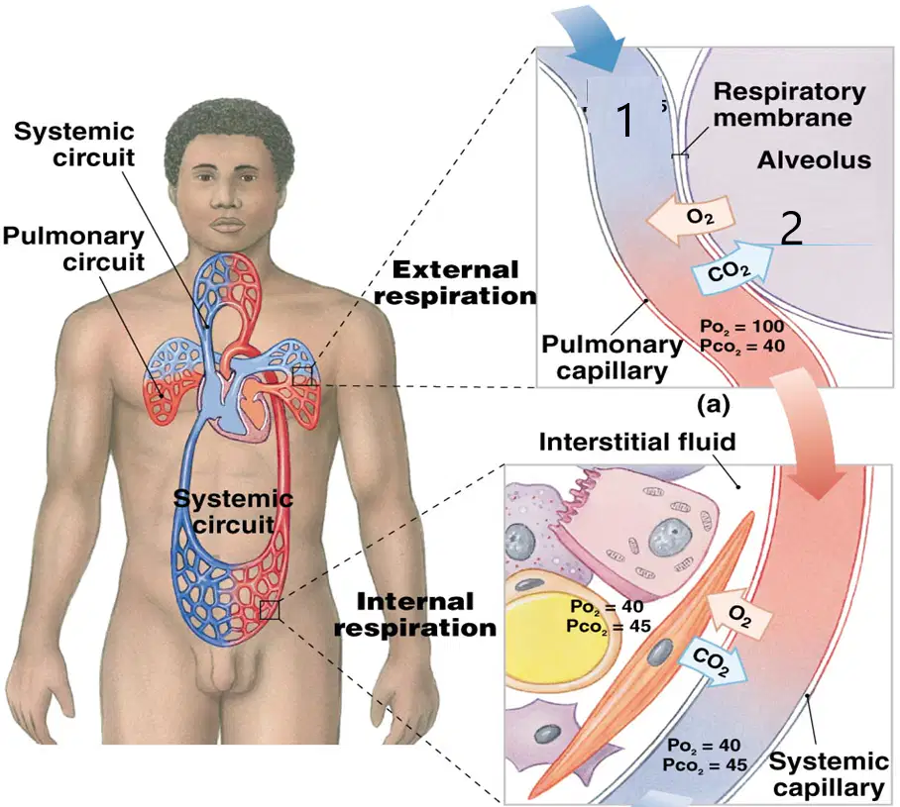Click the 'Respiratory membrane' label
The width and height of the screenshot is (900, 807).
click(x=789, y=104)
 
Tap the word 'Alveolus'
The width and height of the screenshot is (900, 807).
click(x=814, y=160)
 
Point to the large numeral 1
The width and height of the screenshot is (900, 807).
click(x=625, y=119)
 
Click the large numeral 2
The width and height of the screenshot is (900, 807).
click(x=792, y=229)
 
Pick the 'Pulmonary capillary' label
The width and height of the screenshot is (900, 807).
click(x=612, y=357)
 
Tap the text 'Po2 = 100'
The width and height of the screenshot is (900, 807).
click(x=741, y=326)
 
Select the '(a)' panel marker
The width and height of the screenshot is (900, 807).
click(x=714, y=405)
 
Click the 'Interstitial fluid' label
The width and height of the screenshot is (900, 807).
click(x=637, y=442)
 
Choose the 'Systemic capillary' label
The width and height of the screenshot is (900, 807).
click(x=829, y=773)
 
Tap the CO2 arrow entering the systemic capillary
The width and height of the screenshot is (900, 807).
click(x=712, y=659)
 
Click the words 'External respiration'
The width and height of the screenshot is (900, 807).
click(x=455, y=283)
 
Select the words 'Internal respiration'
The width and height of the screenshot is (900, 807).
click(x=415, y=615)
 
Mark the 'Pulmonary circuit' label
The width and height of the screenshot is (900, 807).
click(x=73, y=249)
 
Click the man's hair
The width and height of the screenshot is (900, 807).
click(x=229, y=132)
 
